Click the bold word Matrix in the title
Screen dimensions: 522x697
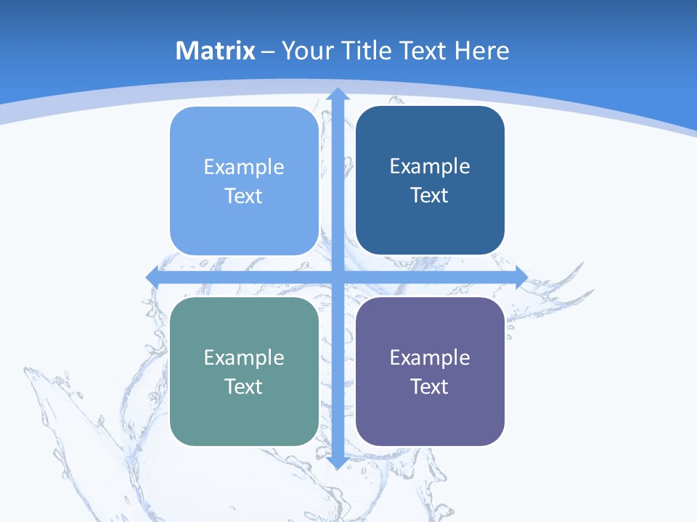tap(216, 51)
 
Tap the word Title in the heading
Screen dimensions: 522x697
tap(367, 51)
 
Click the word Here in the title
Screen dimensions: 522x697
tap(482, 51)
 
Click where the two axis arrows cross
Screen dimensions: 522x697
tap(337, 277)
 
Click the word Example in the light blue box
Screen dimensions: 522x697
tap(244, 167)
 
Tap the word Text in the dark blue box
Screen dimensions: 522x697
tap(430, 196)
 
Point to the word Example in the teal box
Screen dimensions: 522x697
tap(244, 358)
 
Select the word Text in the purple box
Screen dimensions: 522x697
tap(430, 387)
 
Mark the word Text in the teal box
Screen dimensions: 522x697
tap(244, 387)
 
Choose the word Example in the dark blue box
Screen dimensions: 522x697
tap(430, 167)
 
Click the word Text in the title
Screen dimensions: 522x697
tap(425, 51)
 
